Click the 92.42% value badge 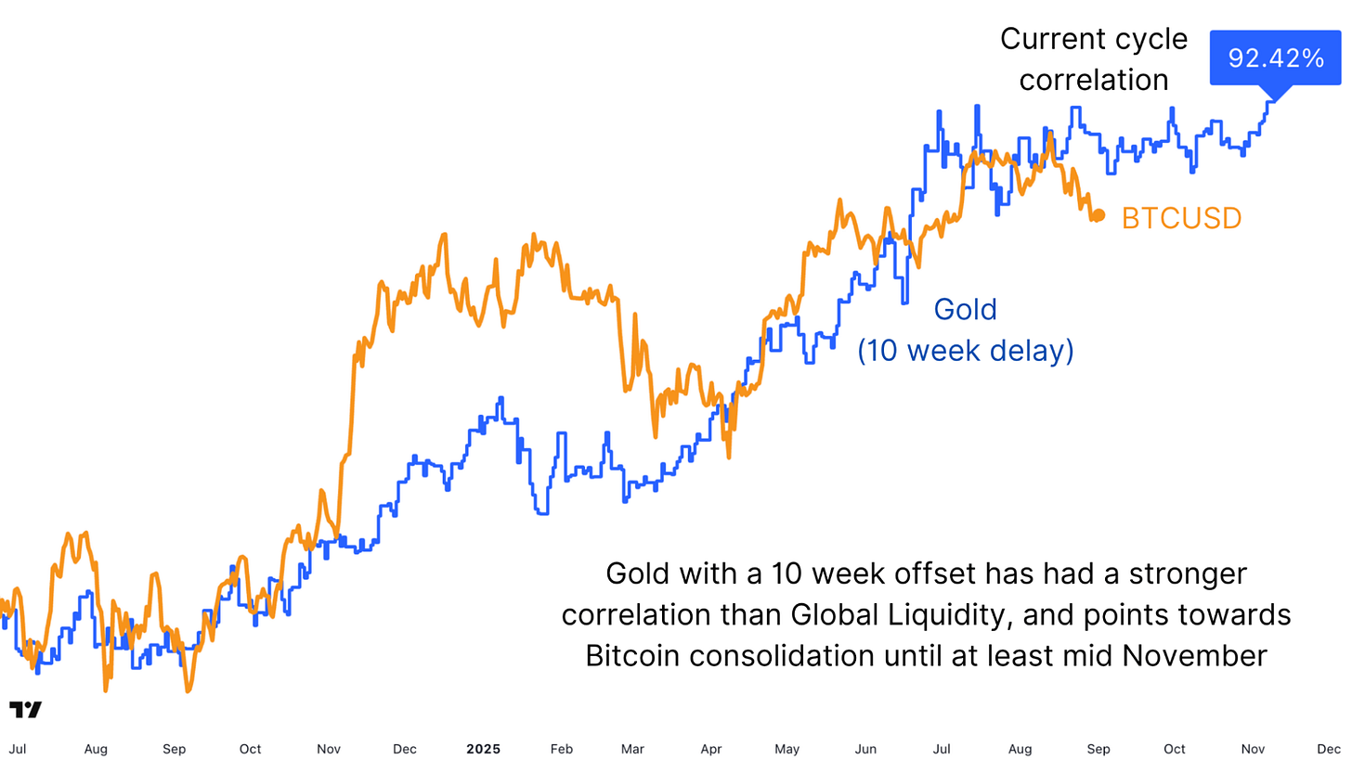tap(1276, 58)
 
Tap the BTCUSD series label tap(1181, 218)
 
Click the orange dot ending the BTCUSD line tap(1098, 215)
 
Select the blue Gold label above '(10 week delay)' tap(965, 309)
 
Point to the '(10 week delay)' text tap(965, 351)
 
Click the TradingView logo tap(25, 710)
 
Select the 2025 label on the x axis tap(483, 749)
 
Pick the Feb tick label tap(560, 749)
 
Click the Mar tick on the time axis tap(632, 749)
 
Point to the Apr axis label tap(711, 749)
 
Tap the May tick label tap(786, 749)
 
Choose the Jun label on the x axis tap(865, 749)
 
